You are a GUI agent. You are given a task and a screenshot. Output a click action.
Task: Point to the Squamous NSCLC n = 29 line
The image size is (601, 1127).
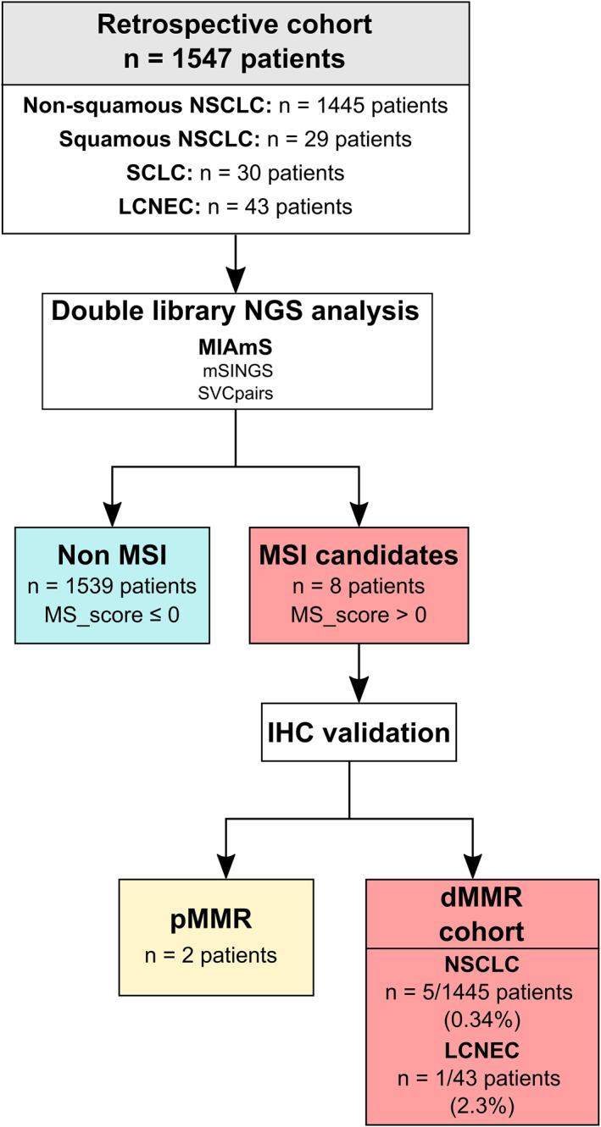(235, 140)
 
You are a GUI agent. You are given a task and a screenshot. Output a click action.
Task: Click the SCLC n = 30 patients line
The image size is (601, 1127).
(235, 173)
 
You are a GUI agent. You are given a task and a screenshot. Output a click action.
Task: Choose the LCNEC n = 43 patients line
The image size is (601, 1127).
(235, 206)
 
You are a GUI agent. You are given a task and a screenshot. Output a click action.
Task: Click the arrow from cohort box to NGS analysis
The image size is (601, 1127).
(235, 262)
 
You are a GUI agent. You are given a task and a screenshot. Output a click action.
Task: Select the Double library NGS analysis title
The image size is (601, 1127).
(235, 311)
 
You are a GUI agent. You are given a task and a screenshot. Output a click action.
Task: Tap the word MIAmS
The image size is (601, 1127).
(235, 347)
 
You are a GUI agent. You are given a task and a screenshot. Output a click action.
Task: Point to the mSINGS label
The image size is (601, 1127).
(235, 370)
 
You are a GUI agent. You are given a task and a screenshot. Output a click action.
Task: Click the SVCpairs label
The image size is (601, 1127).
(235, 393)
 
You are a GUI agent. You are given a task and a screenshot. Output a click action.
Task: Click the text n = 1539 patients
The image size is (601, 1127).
(112, 587)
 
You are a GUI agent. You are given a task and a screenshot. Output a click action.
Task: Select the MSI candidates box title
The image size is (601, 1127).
(360, 555)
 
